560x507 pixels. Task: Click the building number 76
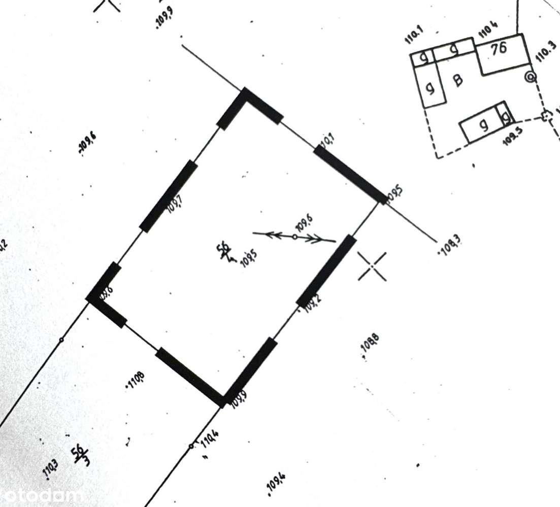[x=499, y=49]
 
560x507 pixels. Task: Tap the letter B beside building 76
[x=458, y=80]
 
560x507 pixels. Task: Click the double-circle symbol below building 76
[x=531, y=77]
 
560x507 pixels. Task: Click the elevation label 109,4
[x=277, y=483]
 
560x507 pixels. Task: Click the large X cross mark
[x=373, y=266]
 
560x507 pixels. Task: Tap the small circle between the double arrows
[x=294, y=236]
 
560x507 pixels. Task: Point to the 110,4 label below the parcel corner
[x=210, y=438]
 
